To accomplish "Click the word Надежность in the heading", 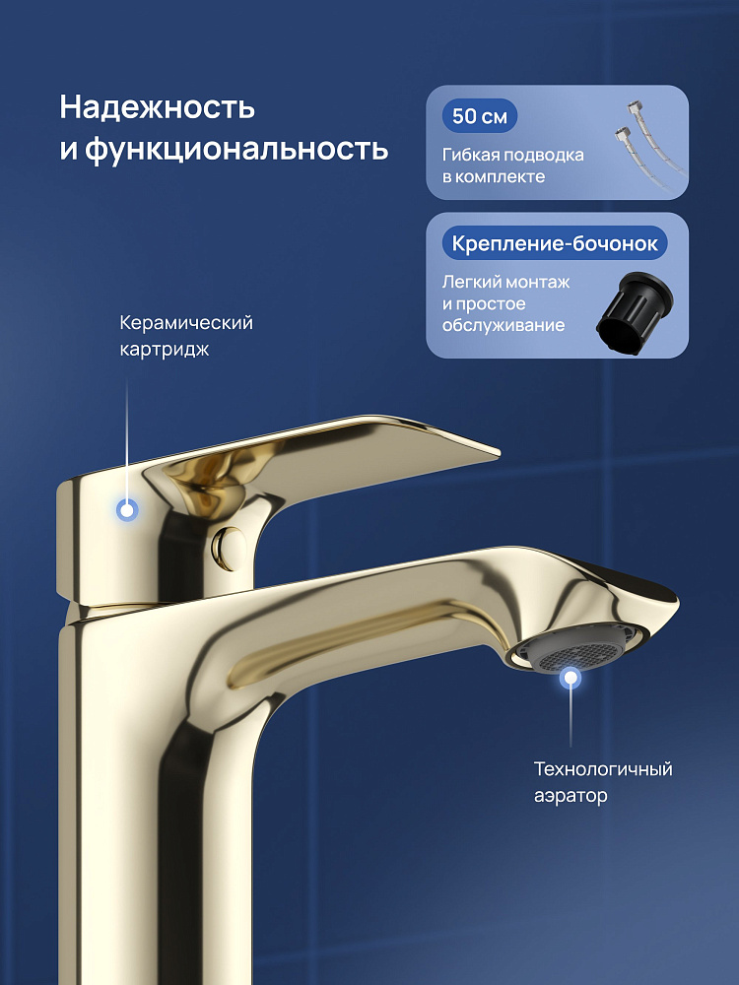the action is tap(157, 107).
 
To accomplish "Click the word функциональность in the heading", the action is tap(236, 150).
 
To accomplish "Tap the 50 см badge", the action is tap(480, 116).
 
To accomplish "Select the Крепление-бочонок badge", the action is tap(555, 243).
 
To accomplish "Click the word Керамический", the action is tap(186, 323).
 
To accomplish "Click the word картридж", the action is tap(164, 350).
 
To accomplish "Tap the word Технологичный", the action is tap(603, 769).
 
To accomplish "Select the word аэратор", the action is tap(571, 797).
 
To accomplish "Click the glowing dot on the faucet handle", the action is tap(127, 510).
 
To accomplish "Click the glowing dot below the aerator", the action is tap(571, 678).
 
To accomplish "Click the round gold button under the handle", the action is tap(230, 548).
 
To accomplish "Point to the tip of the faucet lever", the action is tap(499, 451).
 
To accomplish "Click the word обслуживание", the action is tap(504, 325).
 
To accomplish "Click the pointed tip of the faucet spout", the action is tap(678, 603).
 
